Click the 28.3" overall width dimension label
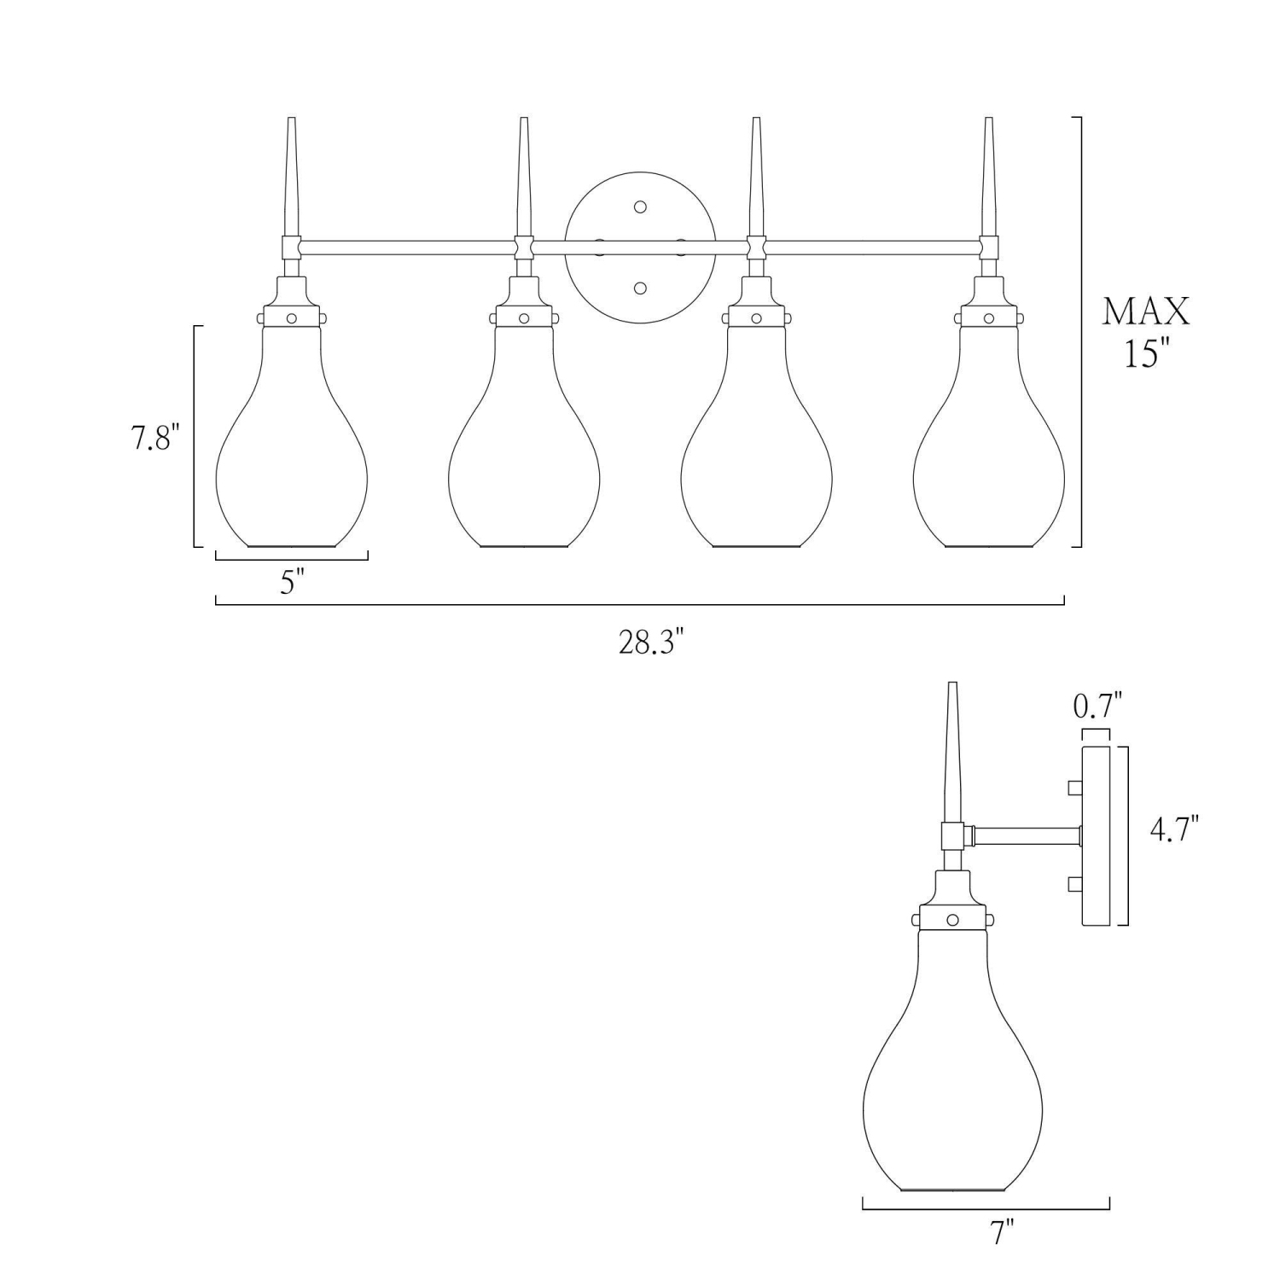point(651,643)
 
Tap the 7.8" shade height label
point(156,439)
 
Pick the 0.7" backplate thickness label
point(1097,706)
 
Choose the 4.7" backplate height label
point(1173,829)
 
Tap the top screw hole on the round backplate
point(641,207)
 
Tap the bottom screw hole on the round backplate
point(641,288)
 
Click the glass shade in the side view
point(952,1067)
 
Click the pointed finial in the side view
point(952,751)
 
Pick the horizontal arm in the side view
point(1024,835)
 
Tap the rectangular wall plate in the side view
point(1096,836)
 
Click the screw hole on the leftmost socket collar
point(292,318)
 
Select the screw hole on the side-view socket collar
point(952,919)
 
